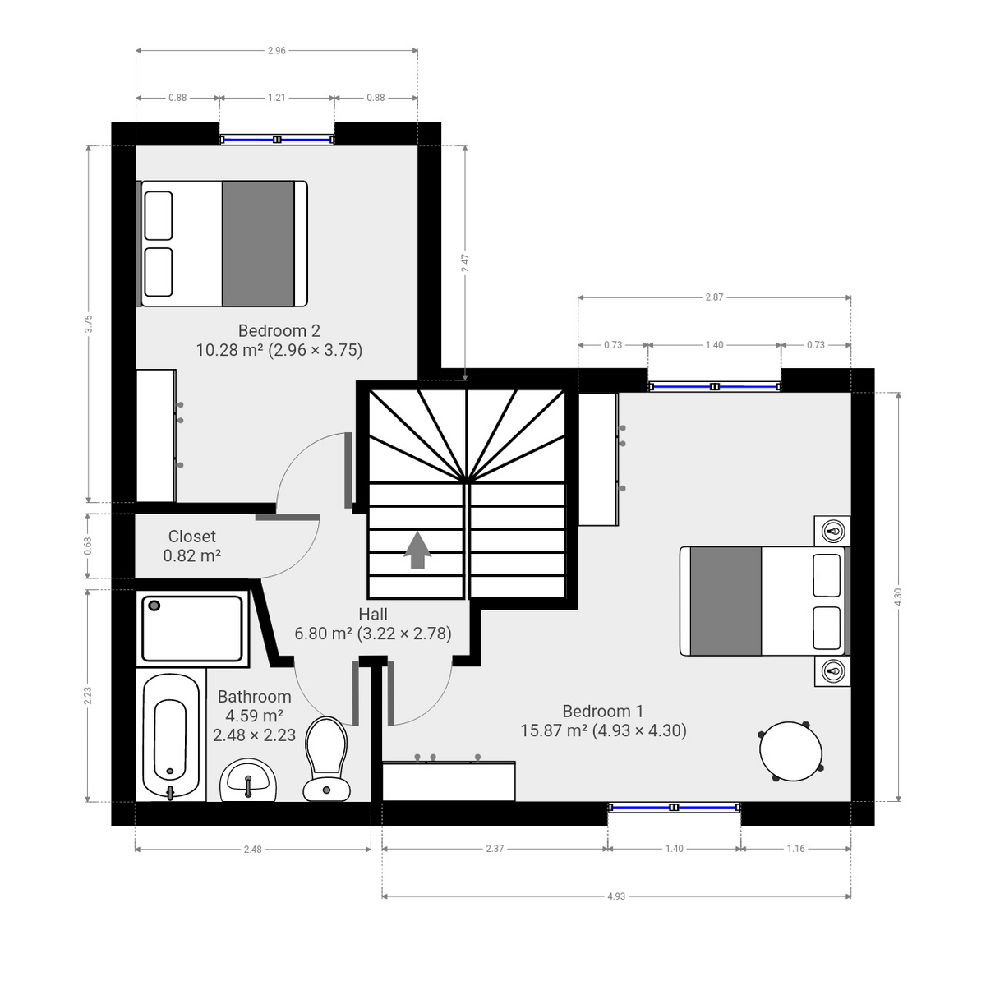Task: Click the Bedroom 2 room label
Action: click(x=279, y=331)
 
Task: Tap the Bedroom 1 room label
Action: click(x=602, y=712)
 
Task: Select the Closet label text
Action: click(x=191, y=537)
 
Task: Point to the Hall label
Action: click(x=372, y=615)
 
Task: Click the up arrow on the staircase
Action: click(x=417, y=550)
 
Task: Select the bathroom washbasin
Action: click(x=248, y=780)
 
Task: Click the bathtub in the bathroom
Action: click(x=170, y=736)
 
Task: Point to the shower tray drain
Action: click(x=154, y=606)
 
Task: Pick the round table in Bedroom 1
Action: click(x=790, y=751)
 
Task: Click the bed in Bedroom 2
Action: click(x=222, y=244)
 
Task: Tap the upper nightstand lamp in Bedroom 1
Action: click(x=833, y=531)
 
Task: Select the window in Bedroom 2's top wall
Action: click(x=277, y=140)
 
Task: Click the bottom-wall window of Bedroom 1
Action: click(x=674, y=809)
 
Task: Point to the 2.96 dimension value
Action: click(x=277, y=51)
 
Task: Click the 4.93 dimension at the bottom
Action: click(x=616, y=896)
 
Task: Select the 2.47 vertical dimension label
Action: click(x=466, y=263)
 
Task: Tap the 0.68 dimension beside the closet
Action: click(x=88, y=546)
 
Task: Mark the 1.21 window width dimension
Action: click(x=277, y=98)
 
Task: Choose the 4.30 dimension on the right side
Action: click(x=898, y=597)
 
